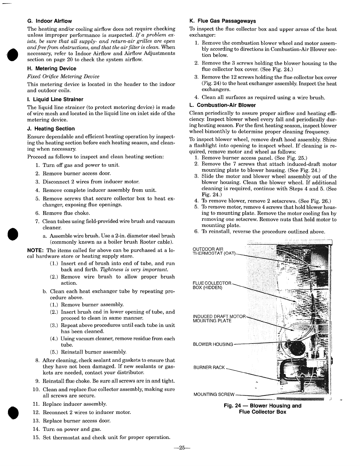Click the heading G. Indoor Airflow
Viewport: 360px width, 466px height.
click(49, 21)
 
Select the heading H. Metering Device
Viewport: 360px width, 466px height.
click(52, 69)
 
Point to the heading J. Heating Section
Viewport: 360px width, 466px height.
click(51, 129)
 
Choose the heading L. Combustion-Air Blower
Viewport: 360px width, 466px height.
click(222, 105)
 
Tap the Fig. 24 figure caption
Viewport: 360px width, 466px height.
click(262, 409)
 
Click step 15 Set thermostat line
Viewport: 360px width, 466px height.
click(106, 437)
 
